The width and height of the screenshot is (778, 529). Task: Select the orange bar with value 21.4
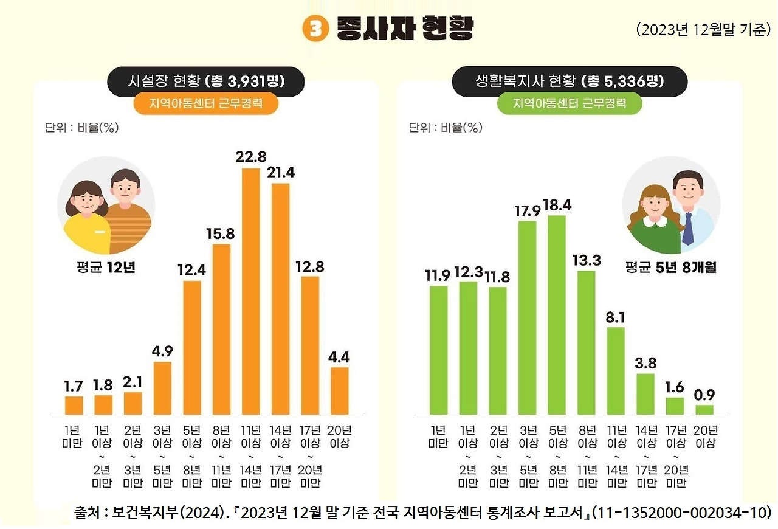[x=280, y=298]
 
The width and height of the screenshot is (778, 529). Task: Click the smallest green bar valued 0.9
[x=704, y=410]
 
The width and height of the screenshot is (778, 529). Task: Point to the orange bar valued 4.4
[x=340, y=390]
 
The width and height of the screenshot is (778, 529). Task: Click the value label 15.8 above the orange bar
[x=221, y=233]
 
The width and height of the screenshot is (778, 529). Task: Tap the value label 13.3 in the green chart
[x=587, y=260]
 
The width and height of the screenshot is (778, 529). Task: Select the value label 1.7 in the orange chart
[x=74, y=386]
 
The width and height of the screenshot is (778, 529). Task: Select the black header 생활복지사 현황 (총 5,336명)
[x=570, y=81]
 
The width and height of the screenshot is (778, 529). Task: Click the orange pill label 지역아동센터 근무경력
[x=205, y=103]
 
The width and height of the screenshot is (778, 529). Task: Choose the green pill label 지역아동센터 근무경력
[x=570, y=103]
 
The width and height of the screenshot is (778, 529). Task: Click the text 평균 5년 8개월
[x=670, y=268]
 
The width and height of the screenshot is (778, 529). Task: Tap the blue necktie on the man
[x=687, y=227]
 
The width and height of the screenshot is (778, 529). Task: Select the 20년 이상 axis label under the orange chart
[x=340, y=437]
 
